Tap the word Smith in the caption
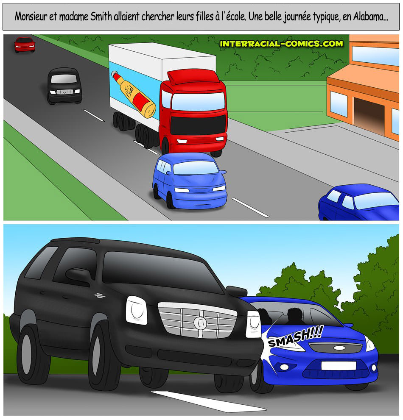coord(101,17)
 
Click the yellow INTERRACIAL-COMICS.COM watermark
coord(281,44)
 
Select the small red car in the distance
coord(25,45)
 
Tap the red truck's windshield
coord(198,101)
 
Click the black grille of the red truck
coord(198,125)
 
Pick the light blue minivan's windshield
coord(196,168)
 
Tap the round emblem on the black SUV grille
coord(200,323)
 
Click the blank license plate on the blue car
coord(339,365)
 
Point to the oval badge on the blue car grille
coord(339,348)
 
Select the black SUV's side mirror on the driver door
coord(78,275)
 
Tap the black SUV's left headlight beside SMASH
coord(253,324)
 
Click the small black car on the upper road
coord(64,86)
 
